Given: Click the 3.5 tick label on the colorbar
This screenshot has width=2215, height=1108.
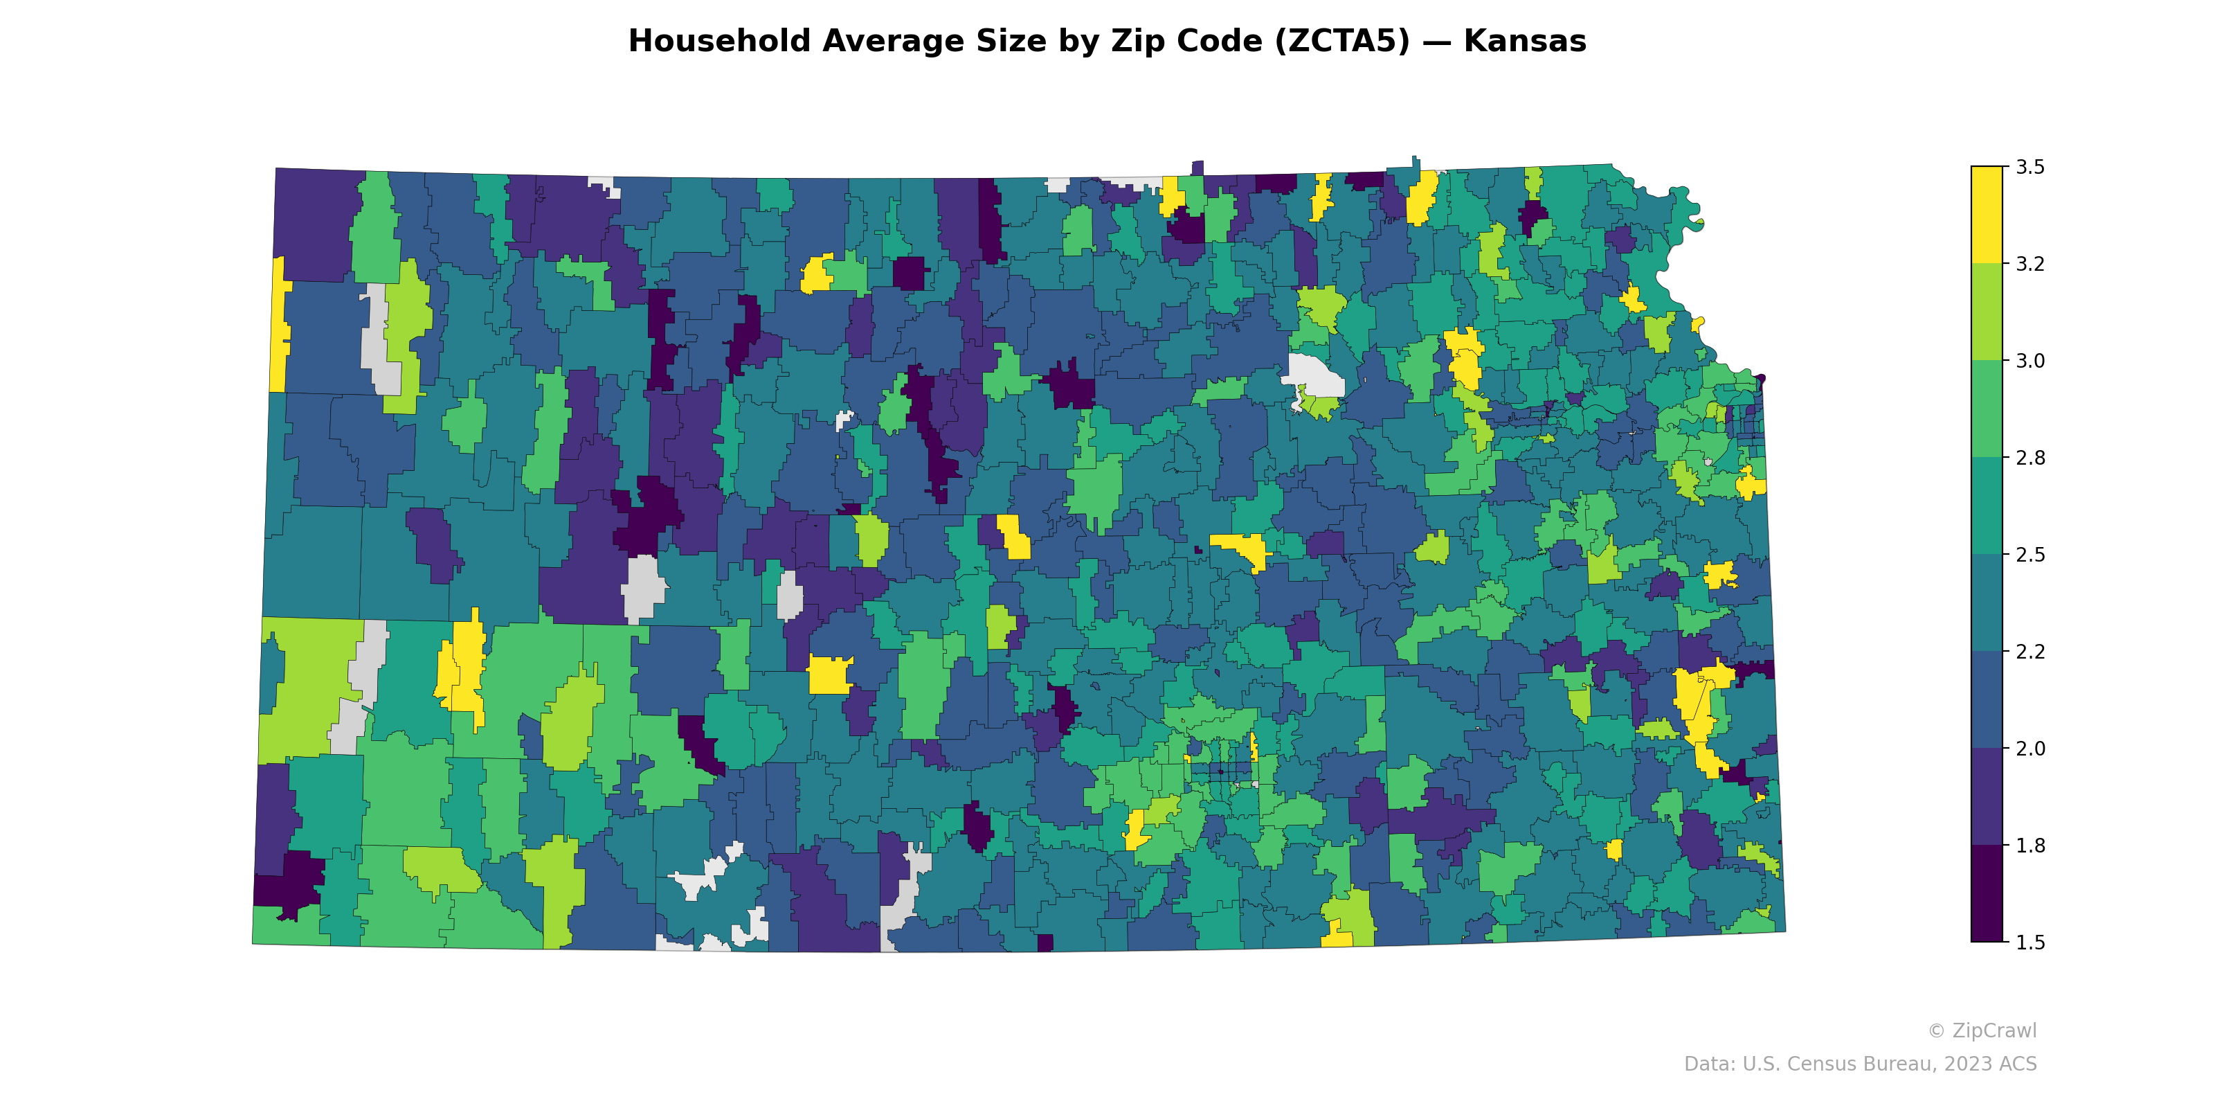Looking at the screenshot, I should [2030, 167].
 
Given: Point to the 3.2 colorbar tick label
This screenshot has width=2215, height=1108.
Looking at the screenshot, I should [2030, 264].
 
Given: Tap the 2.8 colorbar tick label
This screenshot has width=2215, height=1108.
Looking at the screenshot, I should [2030, 458].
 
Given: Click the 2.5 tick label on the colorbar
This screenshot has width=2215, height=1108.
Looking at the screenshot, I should [2030, 555].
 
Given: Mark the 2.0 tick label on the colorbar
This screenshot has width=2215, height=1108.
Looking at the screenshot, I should [2030, 749].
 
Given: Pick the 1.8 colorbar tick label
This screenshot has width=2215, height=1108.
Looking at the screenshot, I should [2030, 846].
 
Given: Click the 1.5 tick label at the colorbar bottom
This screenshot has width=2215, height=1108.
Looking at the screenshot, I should [2030, 942].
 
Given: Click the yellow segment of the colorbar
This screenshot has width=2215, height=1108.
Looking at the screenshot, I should [1987, 215].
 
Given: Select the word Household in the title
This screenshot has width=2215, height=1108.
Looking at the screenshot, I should [719, 42].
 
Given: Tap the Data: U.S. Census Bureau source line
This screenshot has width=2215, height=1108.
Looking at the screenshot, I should [1860, 1064].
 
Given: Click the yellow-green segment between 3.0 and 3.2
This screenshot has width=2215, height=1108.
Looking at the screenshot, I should [1987, 312].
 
